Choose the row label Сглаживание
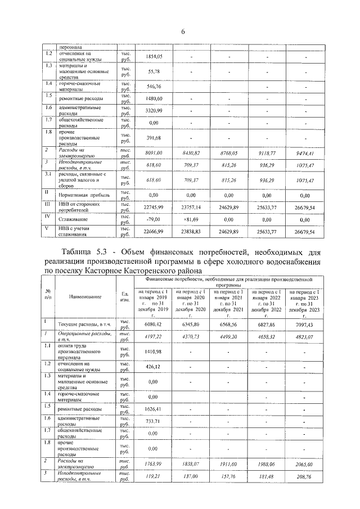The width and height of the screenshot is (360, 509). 78,219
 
